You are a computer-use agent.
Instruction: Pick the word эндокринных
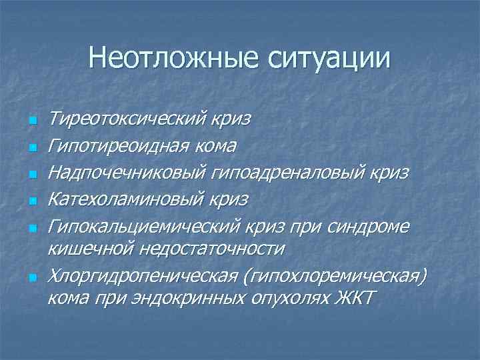(x=176, y=297)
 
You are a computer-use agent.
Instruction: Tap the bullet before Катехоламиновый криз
(x=31, y=201)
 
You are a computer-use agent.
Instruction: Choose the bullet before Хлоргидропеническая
(x=31, y=277)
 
